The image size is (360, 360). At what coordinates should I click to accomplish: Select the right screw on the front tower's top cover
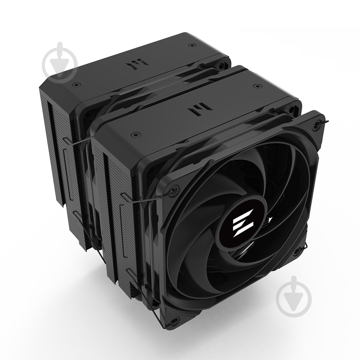point(256,86)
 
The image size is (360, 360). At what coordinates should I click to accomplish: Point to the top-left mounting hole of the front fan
point(176,189)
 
